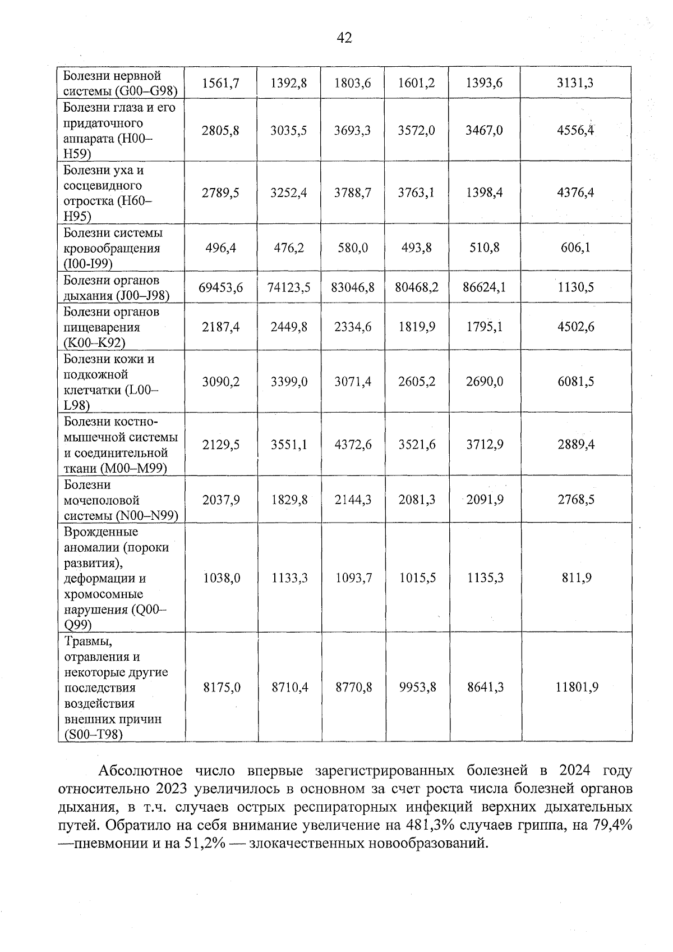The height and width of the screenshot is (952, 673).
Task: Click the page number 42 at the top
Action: [344, 38]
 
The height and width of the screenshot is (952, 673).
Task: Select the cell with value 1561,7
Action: [221, 83]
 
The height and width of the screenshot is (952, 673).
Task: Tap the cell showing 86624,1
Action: [484, 288]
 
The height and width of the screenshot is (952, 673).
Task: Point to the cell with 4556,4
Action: [575, 131]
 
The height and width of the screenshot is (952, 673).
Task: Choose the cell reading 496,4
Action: [221, 248]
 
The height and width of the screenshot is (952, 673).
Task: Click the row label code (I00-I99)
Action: [88, 264]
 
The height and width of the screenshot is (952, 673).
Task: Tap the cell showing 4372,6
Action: [353, 445]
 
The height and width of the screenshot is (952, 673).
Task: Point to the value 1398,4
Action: [484, 193]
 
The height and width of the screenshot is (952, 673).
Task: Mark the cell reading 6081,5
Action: [576, 382]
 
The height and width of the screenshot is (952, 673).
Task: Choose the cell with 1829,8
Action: [289, 500]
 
